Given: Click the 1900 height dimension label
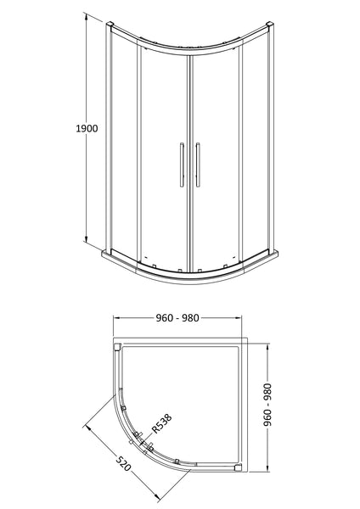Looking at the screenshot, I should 87,129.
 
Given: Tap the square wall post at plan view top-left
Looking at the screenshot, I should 117,346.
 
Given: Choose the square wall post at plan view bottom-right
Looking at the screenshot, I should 238,467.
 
